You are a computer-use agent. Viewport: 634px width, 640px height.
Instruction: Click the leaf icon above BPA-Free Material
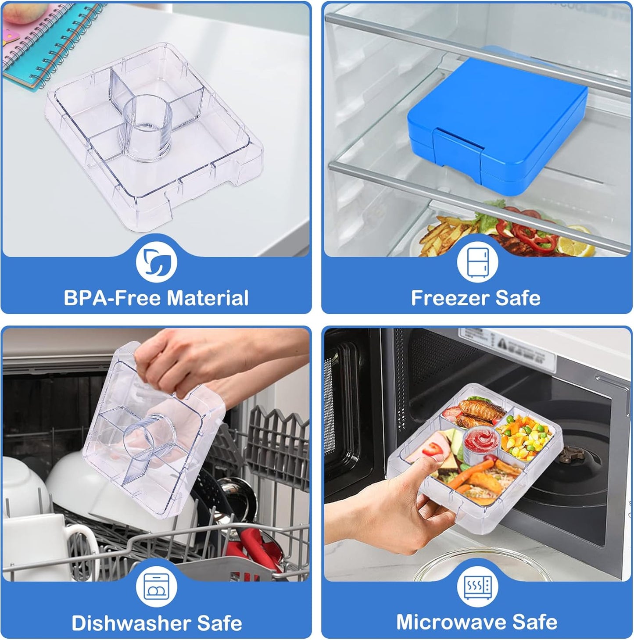(x=156, y=262)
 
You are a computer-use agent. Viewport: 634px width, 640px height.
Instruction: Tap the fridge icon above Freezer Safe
(x=477, y=262)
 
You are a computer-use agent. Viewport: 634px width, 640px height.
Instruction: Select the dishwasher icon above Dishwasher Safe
(x=156, y=587)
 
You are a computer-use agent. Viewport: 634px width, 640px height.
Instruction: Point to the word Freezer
(x=450, y=298)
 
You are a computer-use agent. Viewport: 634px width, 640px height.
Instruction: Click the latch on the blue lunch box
(x=458, y=149)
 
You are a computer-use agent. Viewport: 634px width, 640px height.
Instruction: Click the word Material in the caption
(x=208, y=298)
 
